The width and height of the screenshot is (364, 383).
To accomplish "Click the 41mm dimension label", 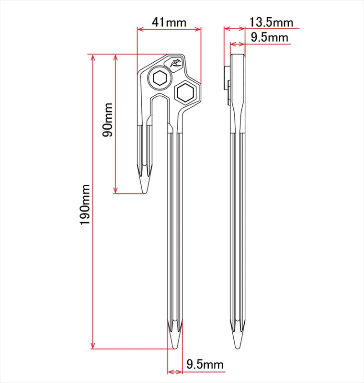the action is pyautogui.click(x=169, y=23).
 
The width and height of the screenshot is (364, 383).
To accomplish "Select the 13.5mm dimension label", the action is pyautogui.click(x=271, y=23).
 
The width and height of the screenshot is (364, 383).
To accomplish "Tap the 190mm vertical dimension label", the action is pyautogui.click(x=85, y=205).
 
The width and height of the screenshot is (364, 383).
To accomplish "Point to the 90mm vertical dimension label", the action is pyautogui.click(x=107, y=120).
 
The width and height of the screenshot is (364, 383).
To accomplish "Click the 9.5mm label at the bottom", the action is pyautogui.click(x=205, y=364).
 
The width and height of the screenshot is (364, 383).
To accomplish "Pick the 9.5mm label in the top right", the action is pyautogui.click(x=270, y=38).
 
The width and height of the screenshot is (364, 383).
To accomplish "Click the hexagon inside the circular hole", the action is pyautogui.click(x=160, y=78).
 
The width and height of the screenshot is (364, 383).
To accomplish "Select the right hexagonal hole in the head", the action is pyautogui.click(x=185, y=92).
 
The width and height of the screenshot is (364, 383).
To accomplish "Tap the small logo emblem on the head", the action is pyautogui.click(x=176, y=63).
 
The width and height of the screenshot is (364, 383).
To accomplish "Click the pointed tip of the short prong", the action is pyautogui.click(x=145, y=193).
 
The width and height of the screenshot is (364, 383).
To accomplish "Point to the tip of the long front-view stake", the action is pyautogui.click(x=175, y=348).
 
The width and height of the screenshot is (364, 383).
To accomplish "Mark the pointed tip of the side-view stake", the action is pyautogui.click(x=237, y=348).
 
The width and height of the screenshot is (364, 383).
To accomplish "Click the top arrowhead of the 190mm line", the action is pyautogui.click(x=92, y=57).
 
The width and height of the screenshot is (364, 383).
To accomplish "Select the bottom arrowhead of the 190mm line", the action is pyautogui.click(x=92, y=345).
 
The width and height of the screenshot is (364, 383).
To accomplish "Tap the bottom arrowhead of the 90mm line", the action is pyautogui.click(x=115, y=190).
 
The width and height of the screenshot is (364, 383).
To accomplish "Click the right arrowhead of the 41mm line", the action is pyautogui.click(x=198, y=29).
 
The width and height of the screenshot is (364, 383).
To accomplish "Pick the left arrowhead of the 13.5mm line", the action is pyautogui.click(x=227, y=29).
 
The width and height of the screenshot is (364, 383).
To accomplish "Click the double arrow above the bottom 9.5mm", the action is pyautogui.click(x=175, y=372).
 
